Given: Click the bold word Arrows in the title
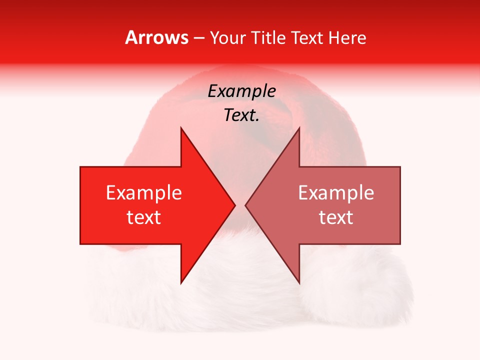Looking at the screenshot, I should (157, 37).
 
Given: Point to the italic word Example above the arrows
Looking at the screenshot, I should (241, 91).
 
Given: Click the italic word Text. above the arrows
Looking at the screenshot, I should (241, 115).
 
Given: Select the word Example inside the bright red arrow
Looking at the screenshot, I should (143, 193).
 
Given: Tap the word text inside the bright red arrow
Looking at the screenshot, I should (143, 217).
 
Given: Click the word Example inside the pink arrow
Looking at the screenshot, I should (336, 193).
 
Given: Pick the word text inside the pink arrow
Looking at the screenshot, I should (336, 217).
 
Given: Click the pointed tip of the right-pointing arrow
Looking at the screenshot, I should (234, 205).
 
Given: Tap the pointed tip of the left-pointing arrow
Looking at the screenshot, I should (245, 205).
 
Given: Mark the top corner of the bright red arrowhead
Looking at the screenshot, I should (181, 128).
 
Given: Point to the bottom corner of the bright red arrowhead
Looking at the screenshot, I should (181, 283).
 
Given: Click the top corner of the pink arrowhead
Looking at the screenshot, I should (299, 128).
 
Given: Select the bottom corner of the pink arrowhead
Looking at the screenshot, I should (299, 283).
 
